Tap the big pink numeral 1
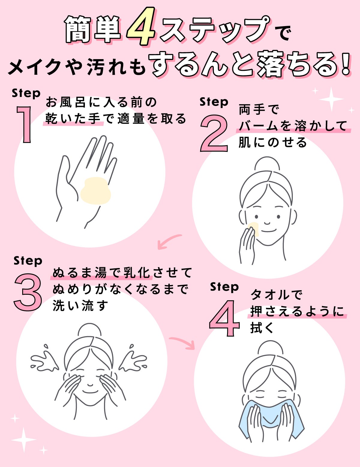(25, 124)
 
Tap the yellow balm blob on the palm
(95, 191)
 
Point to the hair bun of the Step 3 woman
(90, 331)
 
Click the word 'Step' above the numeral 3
(28, 260)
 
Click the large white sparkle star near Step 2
(331, 99)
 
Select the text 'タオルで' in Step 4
(276, 295)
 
